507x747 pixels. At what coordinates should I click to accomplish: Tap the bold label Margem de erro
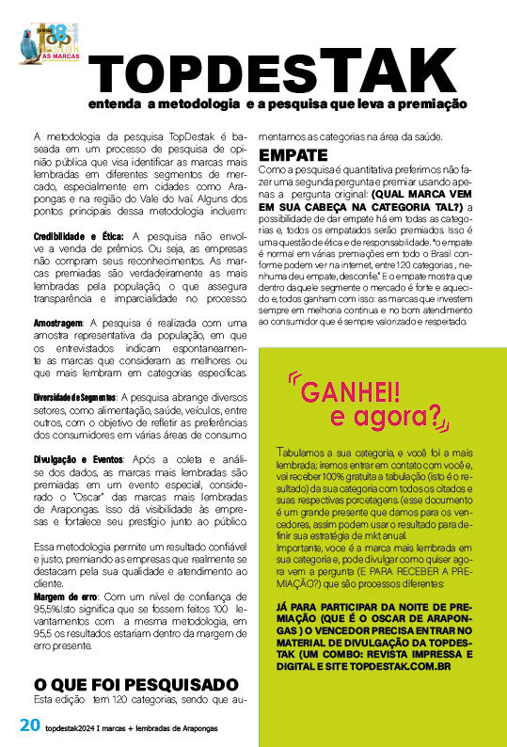coord(66,596)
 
